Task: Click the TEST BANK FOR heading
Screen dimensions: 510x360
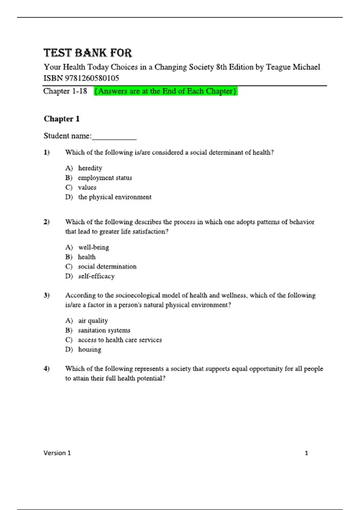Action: tap(88, 53)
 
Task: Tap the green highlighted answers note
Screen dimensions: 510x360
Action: tap(166, 91)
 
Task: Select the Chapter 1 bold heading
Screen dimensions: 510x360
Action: tap(61, 119)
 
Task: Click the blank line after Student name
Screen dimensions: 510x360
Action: tap(114, 137)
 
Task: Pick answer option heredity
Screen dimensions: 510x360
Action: tap(90, 168)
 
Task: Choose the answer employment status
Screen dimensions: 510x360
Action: tap(105, 178)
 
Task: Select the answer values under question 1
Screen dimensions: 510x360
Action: tap(87, 187)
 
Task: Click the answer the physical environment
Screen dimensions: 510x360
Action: tap(115, 197)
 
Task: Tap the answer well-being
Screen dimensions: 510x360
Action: tap(94, 247)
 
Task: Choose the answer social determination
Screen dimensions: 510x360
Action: tap(107, 266)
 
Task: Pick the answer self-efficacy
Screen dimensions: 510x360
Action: tap(96, 276)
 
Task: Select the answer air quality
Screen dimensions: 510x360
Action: tap(93, 321)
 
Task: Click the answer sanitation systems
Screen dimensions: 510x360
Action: tap(104, 330)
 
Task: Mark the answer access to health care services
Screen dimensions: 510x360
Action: tap(120, 340)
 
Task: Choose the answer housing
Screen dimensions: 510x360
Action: tap(90, 349)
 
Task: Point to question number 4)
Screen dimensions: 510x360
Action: tap(46, 368)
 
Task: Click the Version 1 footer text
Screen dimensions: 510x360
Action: tap(57, 453)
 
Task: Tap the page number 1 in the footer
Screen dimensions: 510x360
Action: tap(306, 453)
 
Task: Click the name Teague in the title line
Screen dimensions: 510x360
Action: tap(278, 67)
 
